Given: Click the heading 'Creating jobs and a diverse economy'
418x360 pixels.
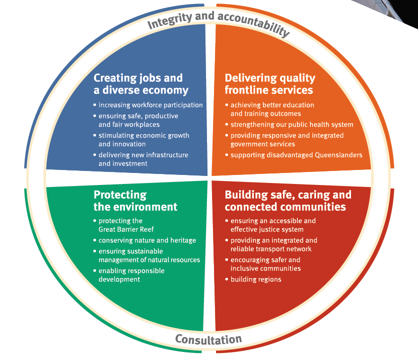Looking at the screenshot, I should [x=141, y=84].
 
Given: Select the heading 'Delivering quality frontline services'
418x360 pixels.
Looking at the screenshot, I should [x=269, y=84].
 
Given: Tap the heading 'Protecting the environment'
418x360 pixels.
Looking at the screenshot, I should [x=135, y=200].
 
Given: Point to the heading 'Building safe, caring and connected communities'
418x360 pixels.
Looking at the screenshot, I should [x=287, y=200].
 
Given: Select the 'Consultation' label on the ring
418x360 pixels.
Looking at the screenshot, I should [x=208, y=340].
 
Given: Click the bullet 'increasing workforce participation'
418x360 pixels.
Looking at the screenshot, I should [x=150, y=105].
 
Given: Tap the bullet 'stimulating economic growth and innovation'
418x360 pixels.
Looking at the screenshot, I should [x=143, y=139].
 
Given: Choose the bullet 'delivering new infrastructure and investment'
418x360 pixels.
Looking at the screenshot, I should [x=143, y=159].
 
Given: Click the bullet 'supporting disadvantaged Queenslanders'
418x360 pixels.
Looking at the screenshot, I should [x=296, y=155].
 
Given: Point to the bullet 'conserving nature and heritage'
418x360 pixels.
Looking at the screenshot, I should [x=147, y=240].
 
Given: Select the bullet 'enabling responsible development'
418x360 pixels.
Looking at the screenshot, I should [x=131, y=275].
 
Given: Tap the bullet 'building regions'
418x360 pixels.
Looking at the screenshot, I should [x=255, y=279].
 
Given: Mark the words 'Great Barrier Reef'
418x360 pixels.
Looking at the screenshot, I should [x=120, y=230].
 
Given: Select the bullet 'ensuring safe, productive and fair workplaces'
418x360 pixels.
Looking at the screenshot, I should [x=138, y=120].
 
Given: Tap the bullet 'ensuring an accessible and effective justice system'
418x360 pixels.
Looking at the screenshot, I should [x=273, y=225].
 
